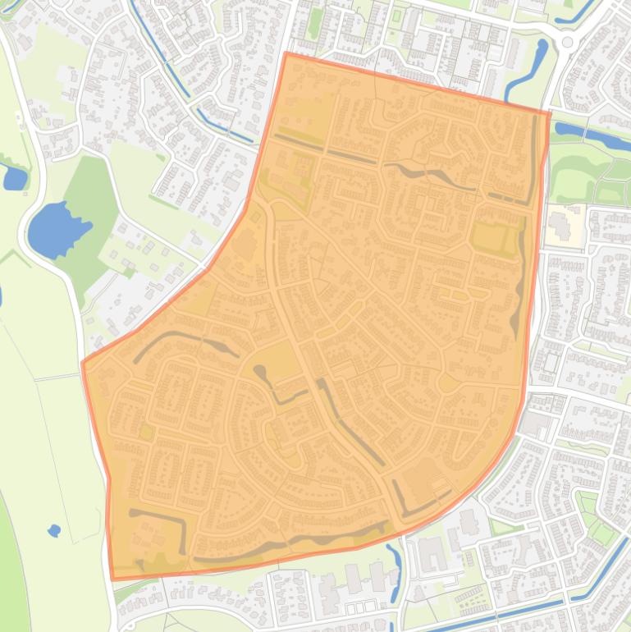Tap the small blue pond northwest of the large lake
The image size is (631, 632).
point(13,176)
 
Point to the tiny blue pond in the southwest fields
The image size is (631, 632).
point(54,530)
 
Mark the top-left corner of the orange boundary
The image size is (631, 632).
point(285,53)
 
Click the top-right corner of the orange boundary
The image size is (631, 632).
point(549,112)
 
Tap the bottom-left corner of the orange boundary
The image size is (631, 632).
point(112,579)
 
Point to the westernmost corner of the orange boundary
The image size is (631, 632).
point(83,362)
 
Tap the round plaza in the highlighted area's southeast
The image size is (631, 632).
point(448,382)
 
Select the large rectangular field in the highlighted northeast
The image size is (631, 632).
point(491,236)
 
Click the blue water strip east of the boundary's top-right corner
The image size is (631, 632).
point(591,136)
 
